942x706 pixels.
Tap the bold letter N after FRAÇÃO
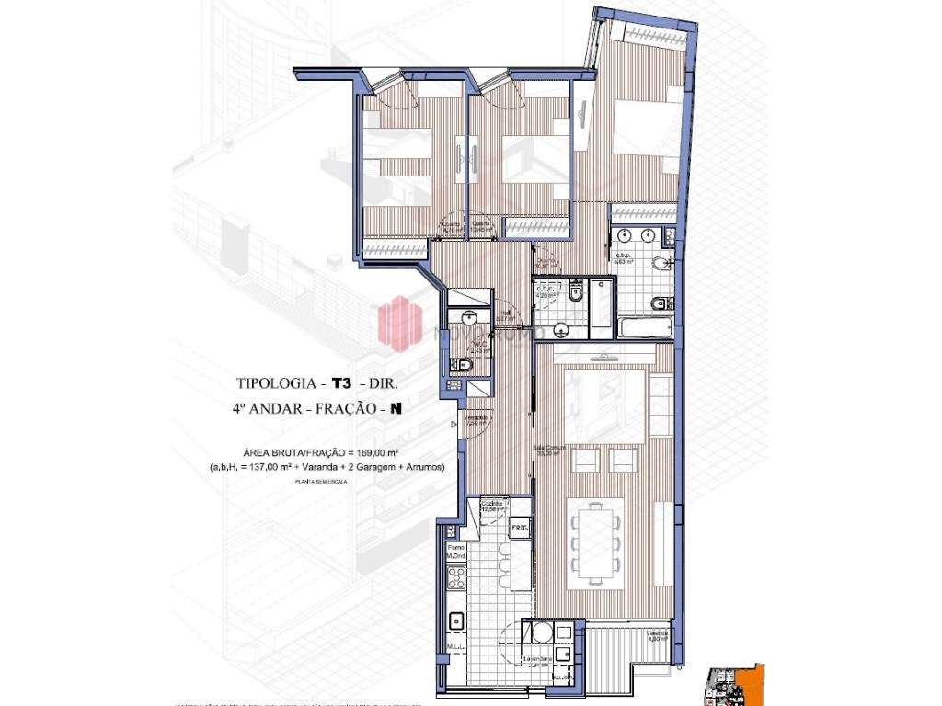pyautogui.click(x=396, y=409)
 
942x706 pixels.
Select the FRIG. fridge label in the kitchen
pyautogui.click(x=520, y=529)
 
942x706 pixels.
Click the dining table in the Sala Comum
pyautogui.click(x=594, y=542)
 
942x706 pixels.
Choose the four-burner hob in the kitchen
pyautogui.click(x=455, y=578)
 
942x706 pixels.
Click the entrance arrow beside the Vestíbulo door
pyautogui.click(x=454, y=425)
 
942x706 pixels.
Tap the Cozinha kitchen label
pyautogui.click(x=491, y=505)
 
